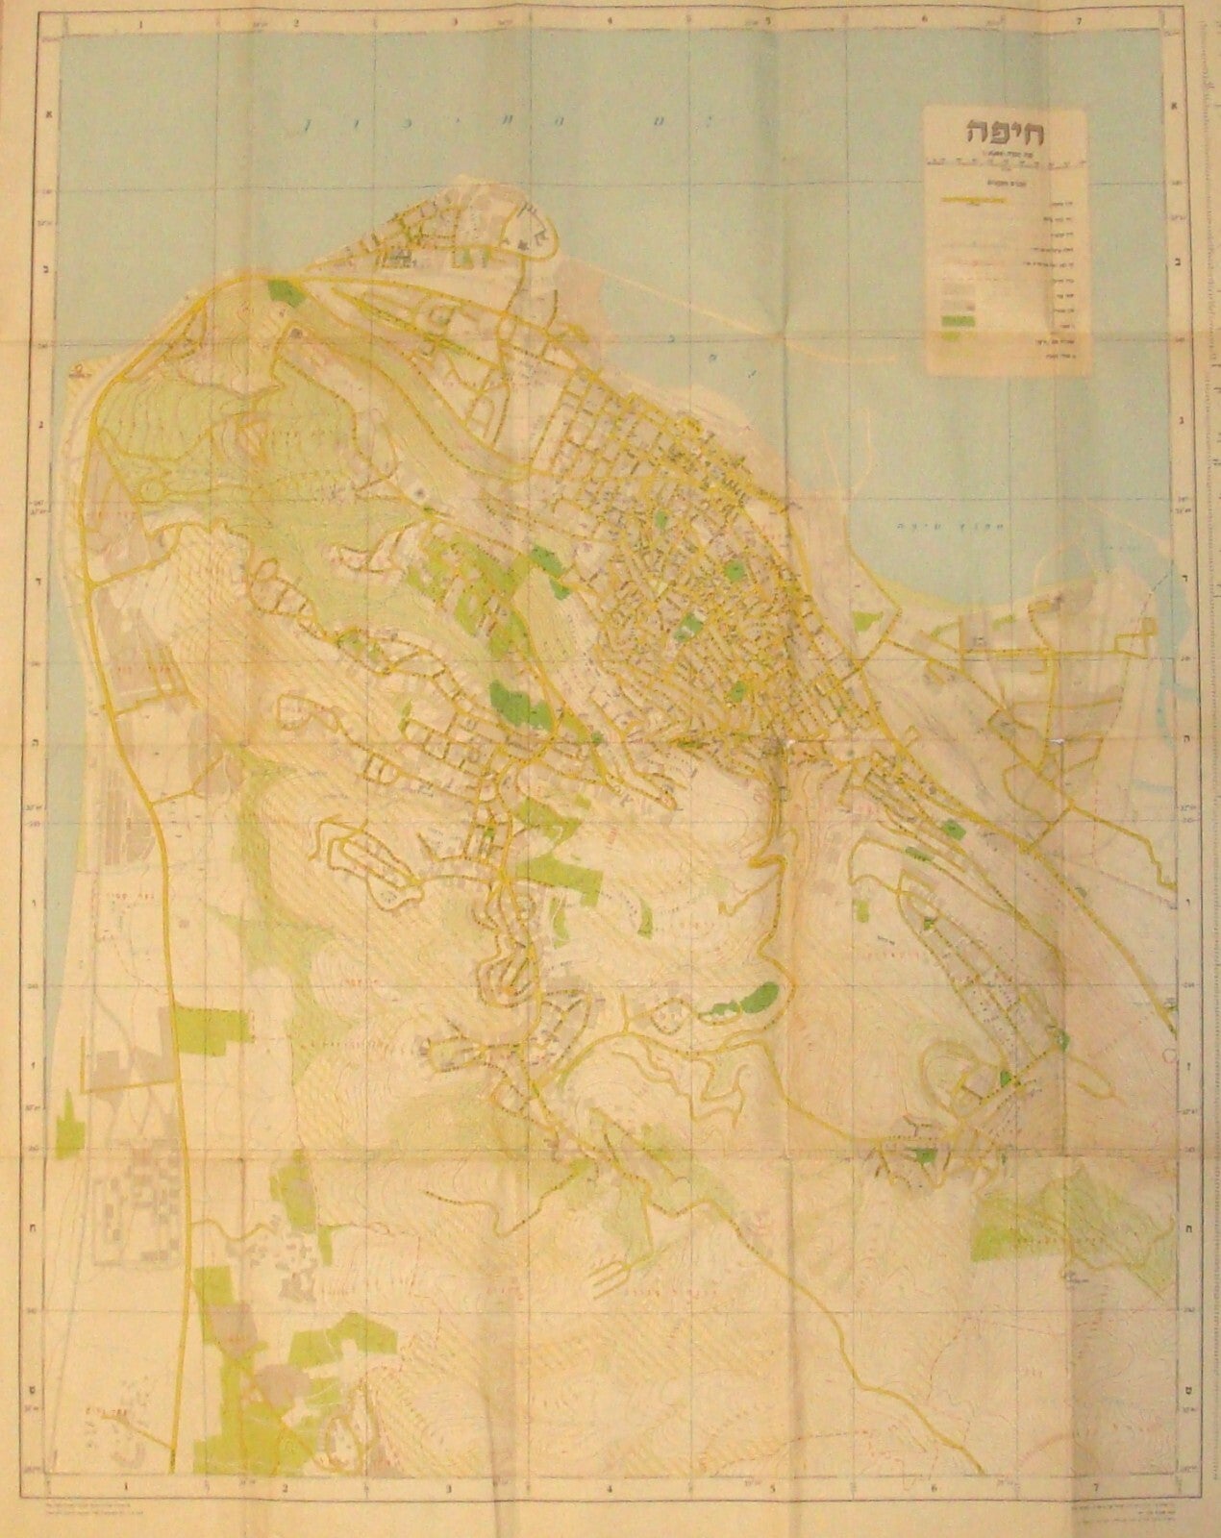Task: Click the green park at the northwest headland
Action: pyautogui.click(x=282, y=287)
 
